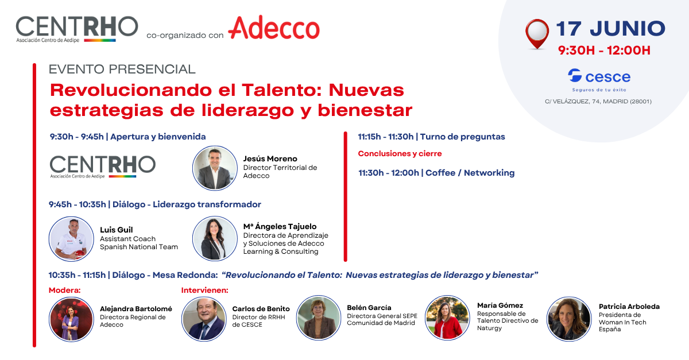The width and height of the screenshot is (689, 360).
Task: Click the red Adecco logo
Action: [274, 28]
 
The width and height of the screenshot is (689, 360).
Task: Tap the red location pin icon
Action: [537, 34]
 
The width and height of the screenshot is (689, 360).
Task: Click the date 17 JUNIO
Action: [610, 29]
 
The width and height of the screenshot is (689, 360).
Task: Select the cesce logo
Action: [599, 80]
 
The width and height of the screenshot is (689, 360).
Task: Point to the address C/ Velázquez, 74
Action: [598, 101]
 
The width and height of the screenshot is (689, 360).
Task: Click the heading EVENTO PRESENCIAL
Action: [122, 69]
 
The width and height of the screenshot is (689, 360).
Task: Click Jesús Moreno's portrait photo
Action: [215, 168]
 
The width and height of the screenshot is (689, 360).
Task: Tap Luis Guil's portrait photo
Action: [71, 239]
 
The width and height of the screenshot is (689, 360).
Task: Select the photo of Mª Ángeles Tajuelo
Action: [215, 238]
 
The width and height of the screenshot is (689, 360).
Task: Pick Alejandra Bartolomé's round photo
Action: [71, 319]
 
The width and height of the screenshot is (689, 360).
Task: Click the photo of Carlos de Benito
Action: [204, 319]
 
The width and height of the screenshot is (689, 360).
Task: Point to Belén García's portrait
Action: [319, 318]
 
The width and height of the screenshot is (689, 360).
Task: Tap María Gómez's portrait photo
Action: [447, 318]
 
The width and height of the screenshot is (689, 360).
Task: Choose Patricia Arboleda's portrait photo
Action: [569, 319]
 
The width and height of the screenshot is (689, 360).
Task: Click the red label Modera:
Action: [64, 290]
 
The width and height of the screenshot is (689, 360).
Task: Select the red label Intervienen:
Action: [204, 290]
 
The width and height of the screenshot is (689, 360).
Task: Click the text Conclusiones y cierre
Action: [400, 153]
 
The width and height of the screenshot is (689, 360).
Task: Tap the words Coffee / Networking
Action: [470, 173]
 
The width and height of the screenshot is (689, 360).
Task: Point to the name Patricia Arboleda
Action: [629, 307]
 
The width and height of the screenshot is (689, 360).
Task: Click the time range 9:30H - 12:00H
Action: [604, 51]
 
